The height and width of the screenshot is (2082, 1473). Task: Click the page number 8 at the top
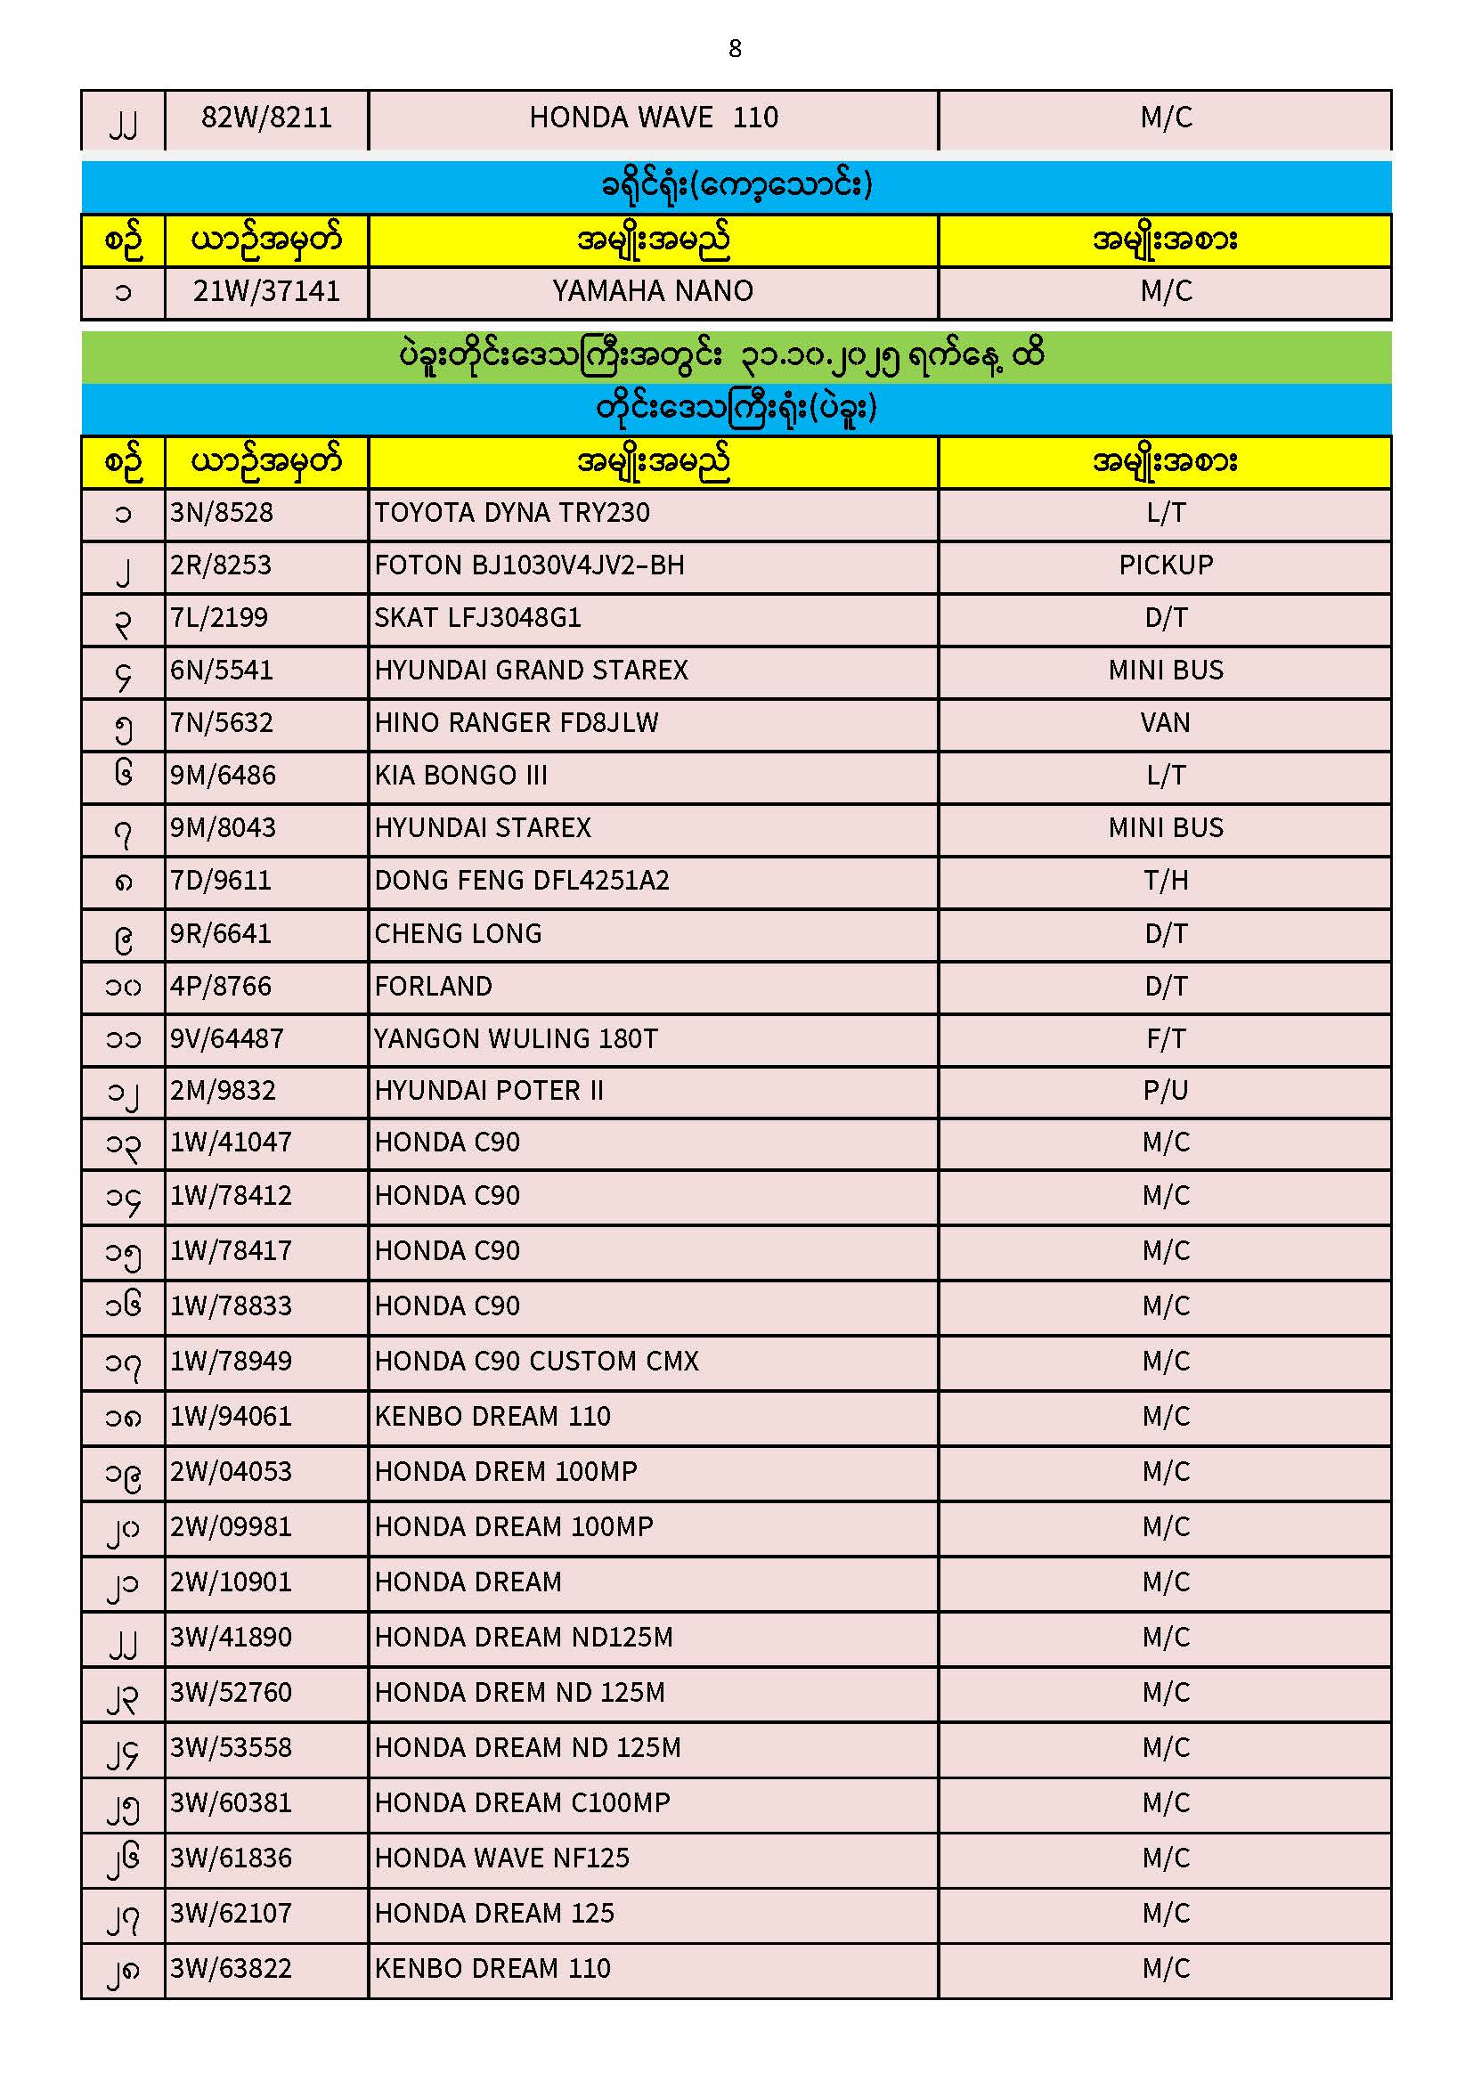coord(735,48)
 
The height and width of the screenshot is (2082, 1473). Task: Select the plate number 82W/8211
coord(266,118)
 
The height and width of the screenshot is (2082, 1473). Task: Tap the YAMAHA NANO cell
coord(652,291)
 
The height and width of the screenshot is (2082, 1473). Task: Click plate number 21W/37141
coord(266,291)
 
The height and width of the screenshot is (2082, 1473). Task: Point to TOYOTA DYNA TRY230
coord(511,513)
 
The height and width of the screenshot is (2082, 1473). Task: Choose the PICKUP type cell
coord(1166,565)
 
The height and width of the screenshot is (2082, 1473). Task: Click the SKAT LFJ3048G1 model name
coord(477,618)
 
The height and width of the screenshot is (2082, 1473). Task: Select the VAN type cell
coord(1166,723)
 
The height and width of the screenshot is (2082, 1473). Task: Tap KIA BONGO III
coord(460,776)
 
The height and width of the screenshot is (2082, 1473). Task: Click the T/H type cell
coord(1166,881)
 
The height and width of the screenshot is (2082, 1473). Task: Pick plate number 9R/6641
coord(220,934)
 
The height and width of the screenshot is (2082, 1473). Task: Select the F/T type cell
coord(1166,1039)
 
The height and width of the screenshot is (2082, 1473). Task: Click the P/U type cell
coord(1166,1091)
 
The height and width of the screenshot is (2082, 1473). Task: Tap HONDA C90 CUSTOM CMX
coord(537,1361)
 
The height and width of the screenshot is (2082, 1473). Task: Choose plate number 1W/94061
coord(232,1417)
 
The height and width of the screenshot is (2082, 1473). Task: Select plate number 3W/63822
coord(232,1969)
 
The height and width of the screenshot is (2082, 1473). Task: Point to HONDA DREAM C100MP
coord(523,1802)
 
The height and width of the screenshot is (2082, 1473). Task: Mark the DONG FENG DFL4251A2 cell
coord(522,881)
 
